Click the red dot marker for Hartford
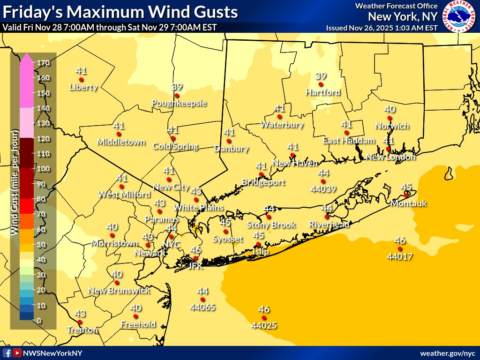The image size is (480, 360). tap(321, 84)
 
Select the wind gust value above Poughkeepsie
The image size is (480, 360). tap(177, 87)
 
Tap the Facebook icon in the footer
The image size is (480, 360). tap(7, 353)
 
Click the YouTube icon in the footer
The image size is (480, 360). tap(17, 353)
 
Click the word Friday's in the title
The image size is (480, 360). tap(32, 12)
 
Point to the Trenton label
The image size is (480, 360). tap(82, 330)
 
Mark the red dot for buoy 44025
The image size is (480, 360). tap(264, 318)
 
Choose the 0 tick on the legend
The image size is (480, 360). tap(39, 321)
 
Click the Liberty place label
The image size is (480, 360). tap(83, 87)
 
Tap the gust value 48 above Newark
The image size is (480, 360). tap(148, 237)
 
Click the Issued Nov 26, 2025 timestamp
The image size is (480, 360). tap(382, 28)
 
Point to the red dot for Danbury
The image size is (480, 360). tap(229, 141)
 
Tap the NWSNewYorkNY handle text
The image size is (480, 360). tap(52, 353)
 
